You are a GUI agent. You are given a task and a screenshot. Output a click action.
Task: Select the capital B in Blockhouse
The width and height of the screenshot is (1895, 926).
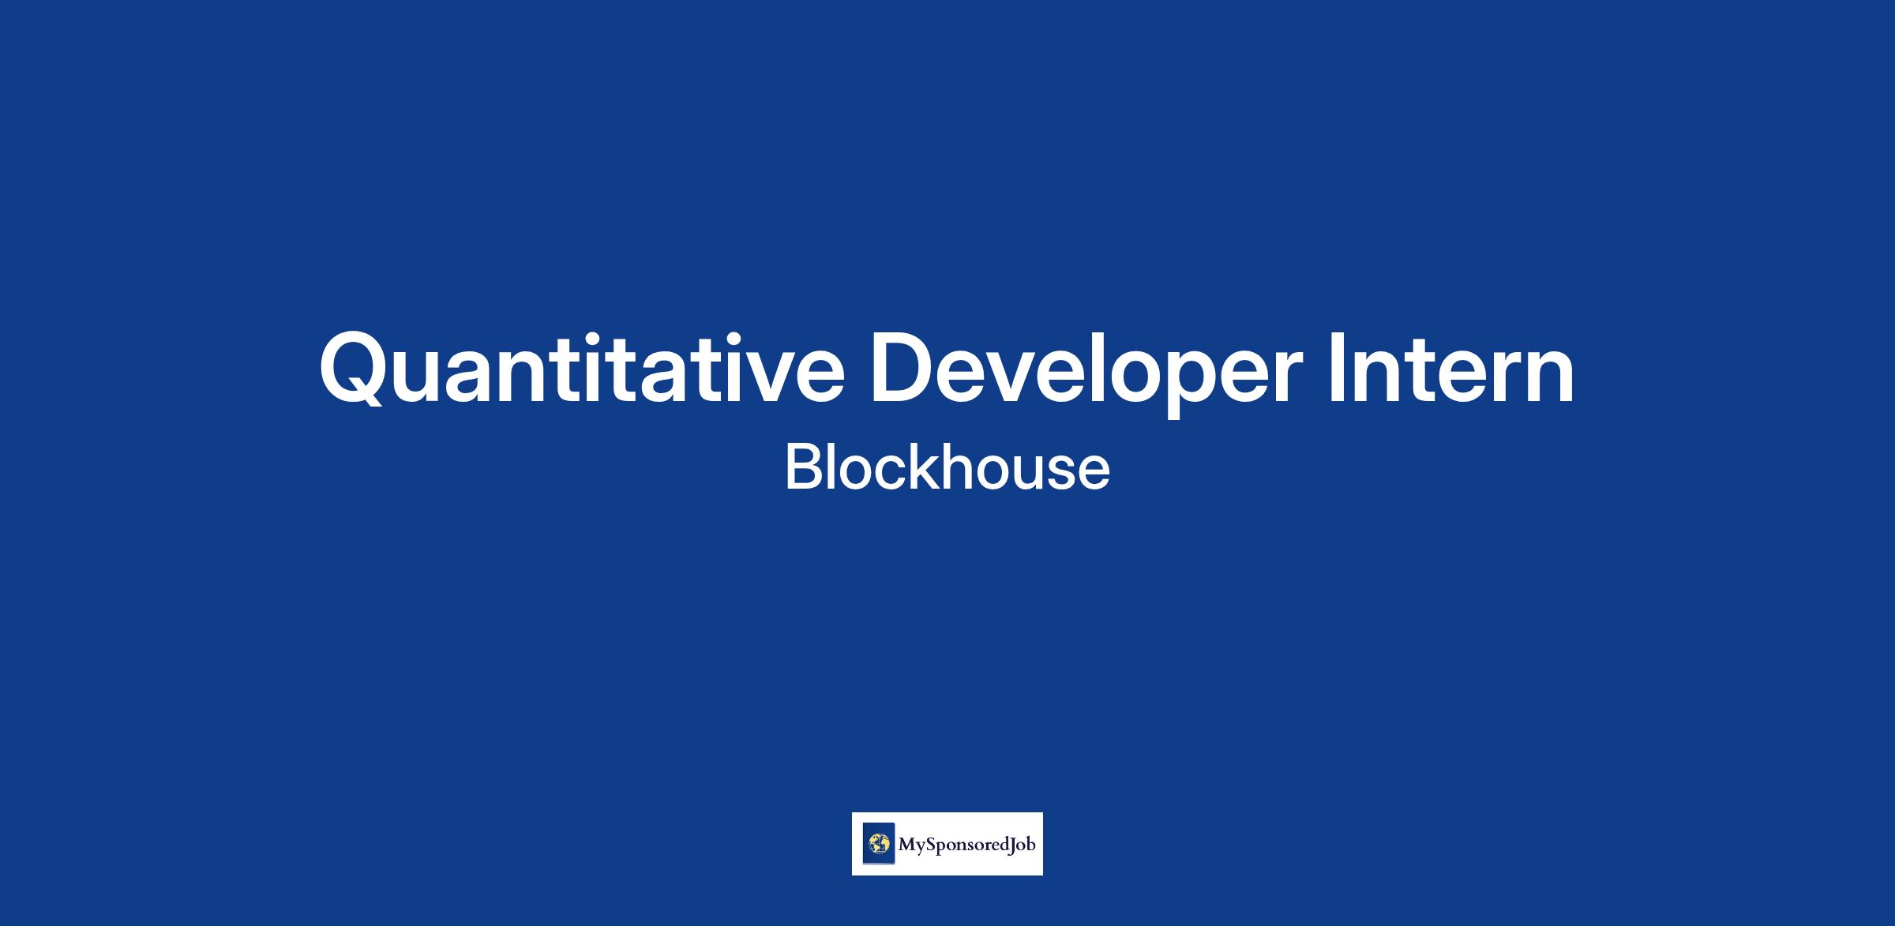[802, 467]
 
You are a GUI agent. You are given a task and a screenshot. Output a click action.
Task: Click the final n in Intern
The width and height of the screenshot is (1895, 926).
[1548, 377]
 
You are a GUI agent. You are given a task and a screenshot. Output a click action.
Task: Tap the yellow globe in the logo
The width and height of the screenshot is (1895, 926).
[879, 844]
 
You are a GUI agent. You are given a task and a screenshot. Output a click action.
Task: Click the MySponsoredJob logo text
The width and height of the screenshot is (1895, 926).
[966, 845]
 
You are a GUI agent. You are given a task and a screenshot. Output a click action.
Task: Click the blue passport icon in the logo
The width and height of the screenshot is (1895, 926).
[879, 844]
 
